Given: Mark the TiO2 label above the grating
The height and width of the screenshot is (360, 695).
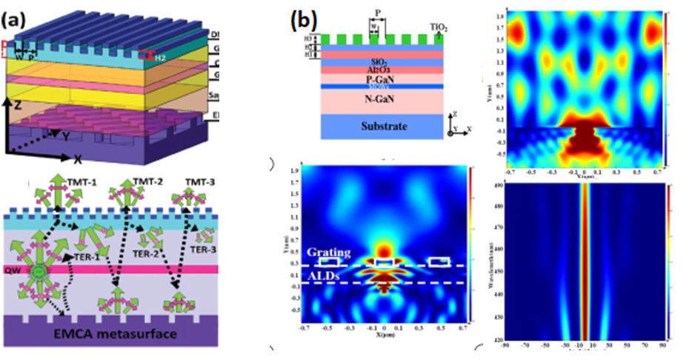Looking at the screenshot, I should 440,26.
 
